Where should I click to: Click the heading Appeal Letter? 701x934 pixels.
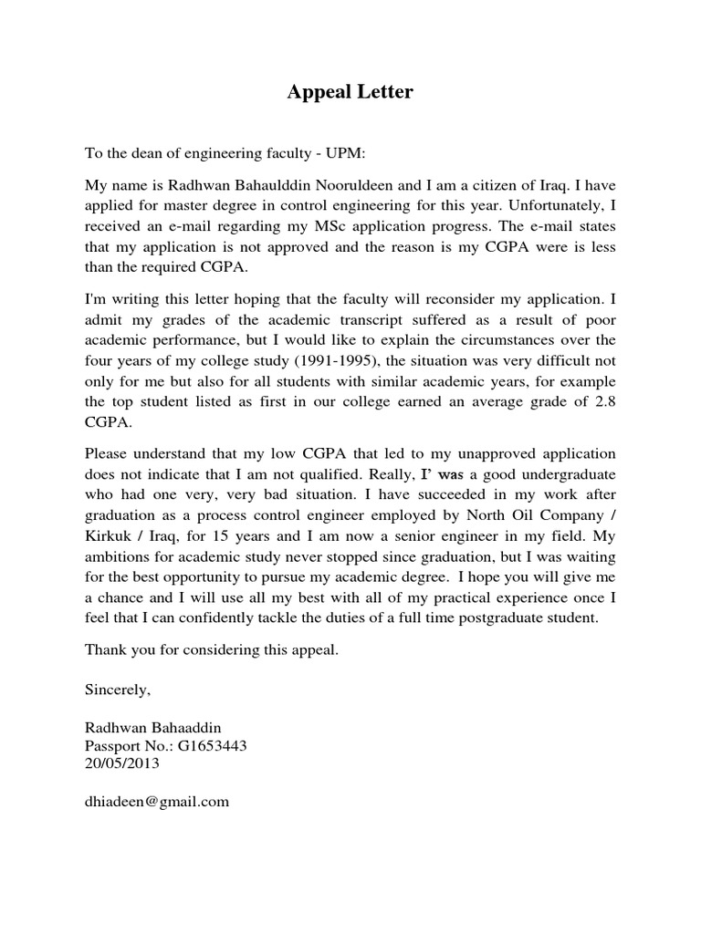pyautogui.click(x=350, y=92)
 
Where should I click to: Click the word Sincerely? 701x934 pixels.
pyautogui.click(x=117, y=690)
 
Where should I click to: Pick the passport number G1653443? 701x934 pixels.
pyautogui.click(x=212, y=746)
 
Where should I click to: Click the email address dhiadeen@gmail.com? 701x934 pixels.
pyautogui.click(x=157, y=802)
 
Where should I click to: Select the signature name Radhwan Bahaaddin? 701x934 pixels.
pyautogui.click(x=152, y=726)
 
